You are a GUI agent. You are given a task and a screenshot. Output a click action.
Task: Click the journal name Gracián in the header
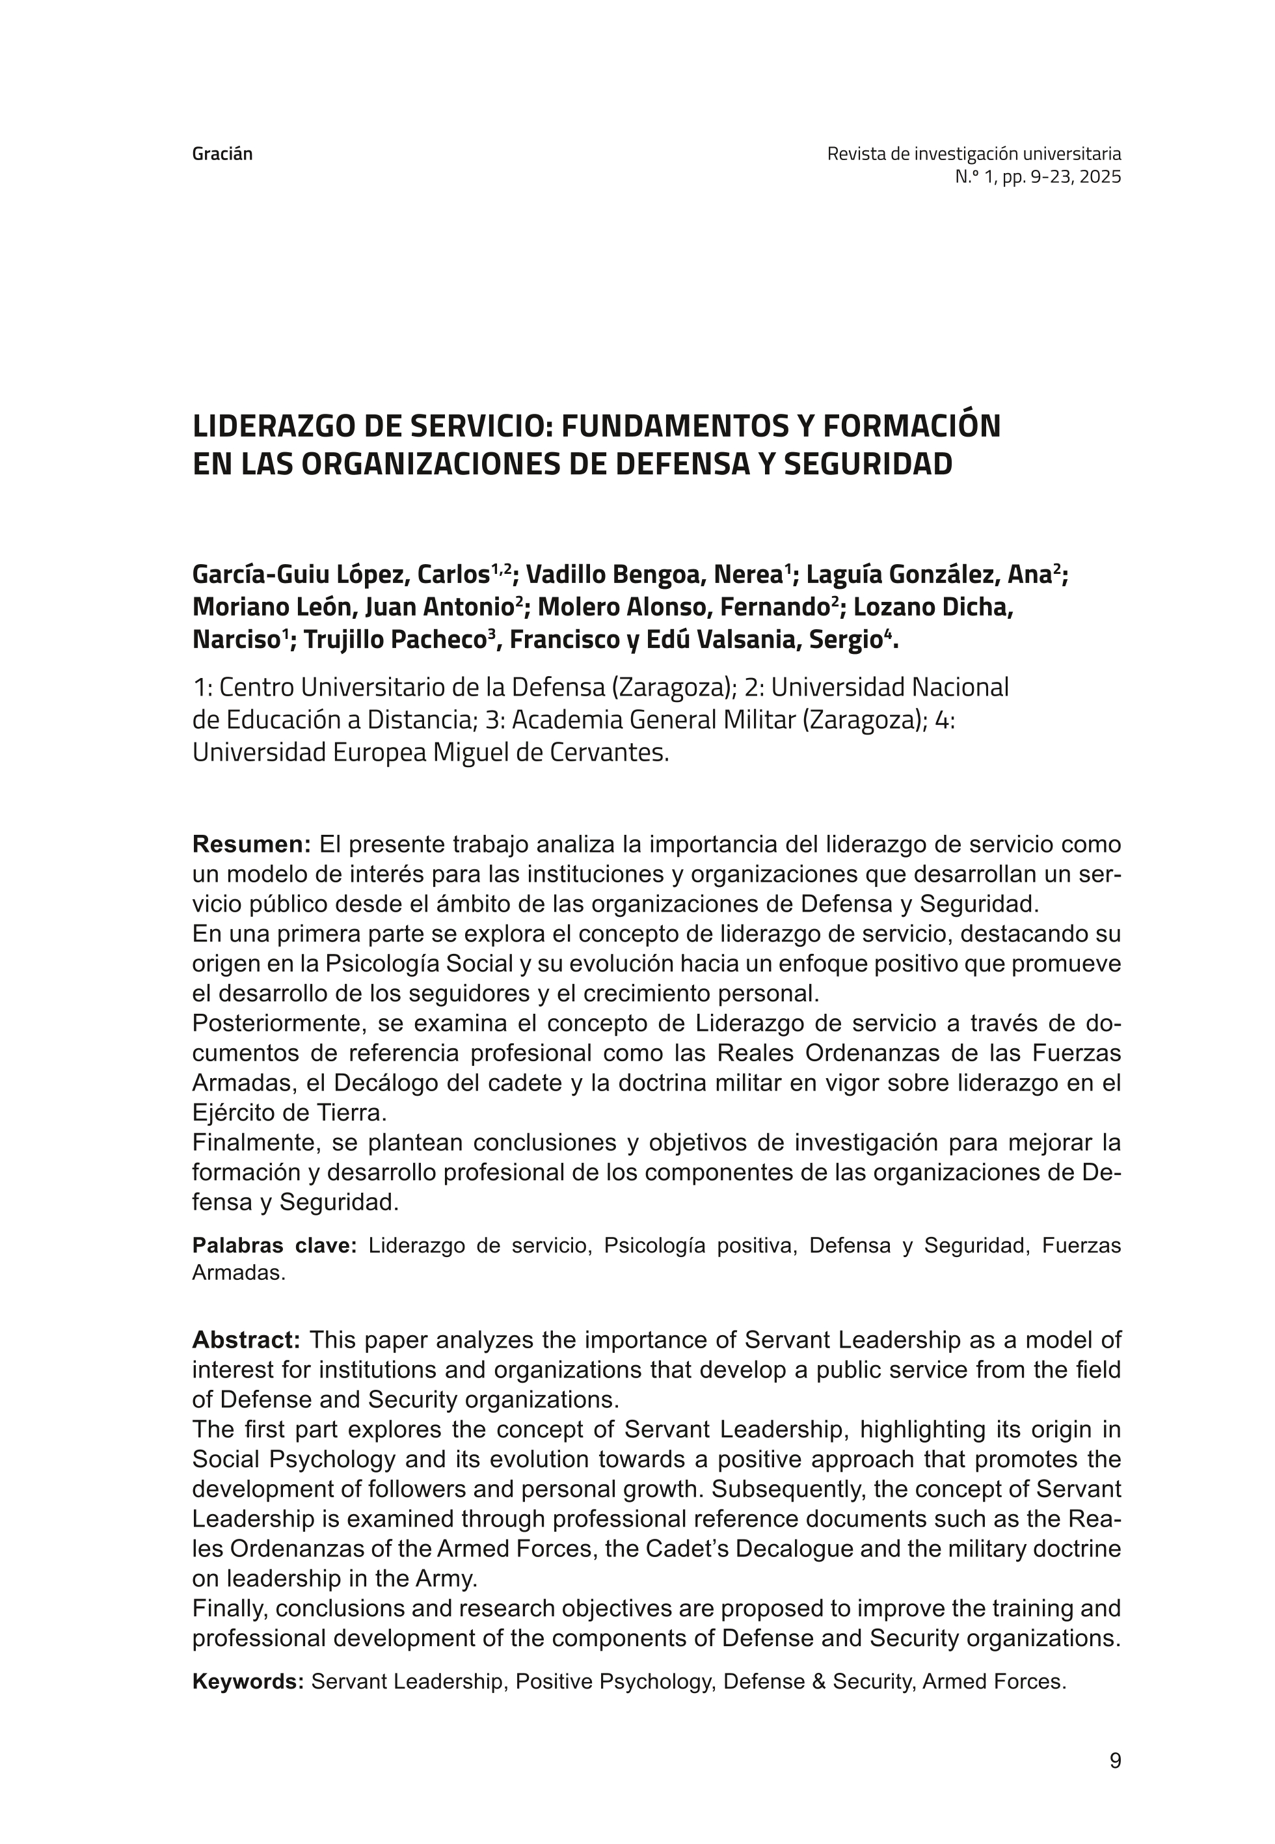(222, 154)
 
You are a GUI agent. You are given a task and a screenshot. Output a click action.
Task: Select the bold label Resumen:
(251, 845)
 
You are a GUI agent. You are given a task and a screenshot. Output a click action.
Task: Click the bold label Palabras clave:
(274, 1245)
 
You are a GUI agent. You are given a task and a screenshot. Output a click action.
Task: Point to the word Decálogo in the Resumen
(385, 1083)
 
